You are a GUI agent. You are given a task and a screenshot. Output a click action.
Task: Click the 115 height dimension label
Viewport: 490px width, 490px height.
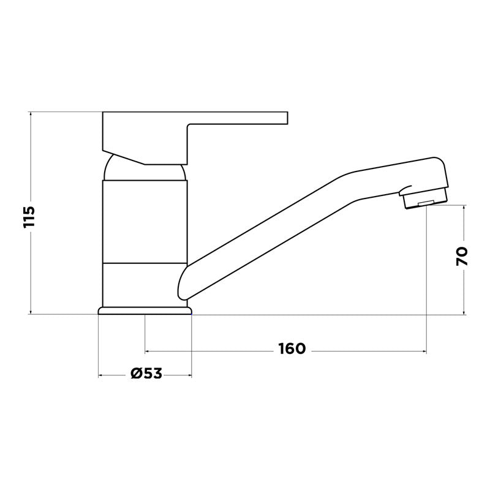click(29, 217)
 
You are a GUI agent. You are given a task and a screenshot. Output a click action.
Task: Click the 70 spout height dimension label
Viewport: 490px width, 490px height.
click(462, 255)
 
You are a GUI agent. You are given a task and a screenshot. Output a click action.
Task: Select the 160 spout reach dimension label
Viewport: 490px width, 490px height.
click(292, 349)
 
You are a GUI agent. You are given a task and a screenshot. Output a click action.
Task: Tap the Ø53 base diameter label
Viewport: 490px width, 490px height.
click(146, 373)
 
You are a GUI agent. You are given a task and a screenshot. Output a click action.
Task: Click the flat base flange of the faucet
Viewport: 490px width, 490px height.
click(145, 311)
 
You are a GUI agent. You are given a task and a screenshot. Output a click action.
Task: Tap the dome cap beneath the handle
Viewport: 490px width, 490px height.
click(145, 170)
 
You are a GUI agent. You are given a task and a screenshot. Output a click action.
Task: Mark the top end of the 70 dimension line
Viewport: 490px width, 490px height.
click(464, 206)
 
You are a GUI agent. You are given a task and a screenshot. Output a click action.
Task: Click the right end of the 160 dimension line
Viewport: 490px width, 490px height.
click(426, 352)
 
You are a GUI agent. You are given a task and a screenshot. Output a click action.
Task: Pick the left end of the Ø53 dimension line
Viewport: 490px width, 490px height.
click(99, 375)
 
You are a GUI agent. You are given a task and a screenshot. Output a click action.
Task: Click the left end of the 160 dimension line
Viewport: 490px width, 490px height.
click(145, 352)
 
